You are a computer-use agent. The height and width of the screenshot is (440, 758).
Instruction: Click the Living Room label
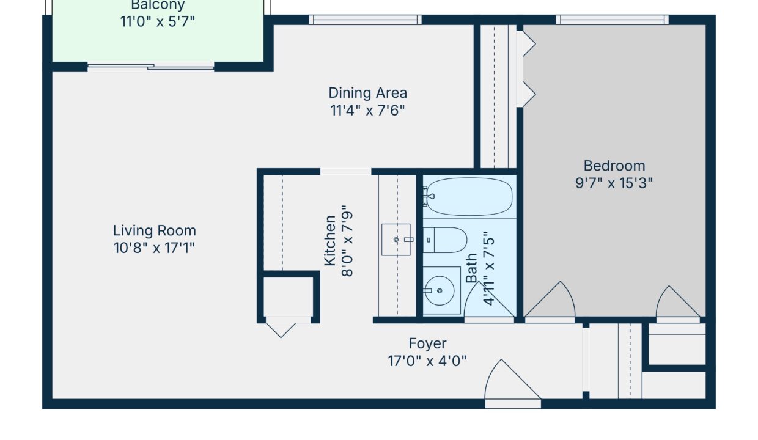click(x=154, y=231)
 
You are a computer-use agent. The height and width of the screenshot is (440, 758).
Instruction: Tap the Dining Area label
click(x=367, y=94)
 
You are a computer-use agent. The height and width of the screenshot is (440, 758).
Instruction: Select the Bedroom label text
click(x=614, y=166)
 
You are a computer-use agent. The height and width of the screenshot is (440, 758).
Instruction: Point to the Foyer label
click(x=427, y=343)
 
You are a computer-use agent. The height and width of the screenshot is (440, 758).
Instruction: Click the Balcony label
click(x=157, y=6)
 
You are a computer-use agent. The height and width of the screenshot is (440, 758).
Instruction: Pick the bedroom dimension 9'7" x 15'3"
click(x=614, y=183)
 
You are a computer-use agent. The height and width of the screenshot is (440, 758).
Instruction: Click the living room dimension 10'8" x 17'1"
click(x=154, y=248)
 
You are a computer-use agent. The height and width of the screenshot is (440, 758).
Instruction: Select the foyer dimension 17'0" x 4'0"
click(x=427, y=361)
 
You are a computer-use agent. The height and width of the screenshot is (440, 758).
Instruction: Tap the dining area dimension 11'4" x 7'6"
click(x=367, y=111)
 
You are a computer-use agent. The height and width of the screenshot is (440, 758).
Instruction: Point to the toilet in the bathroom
click(x=446, y=240)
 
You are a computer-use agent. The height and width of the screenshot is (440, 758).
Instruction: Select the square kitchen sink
click(x=396, y=240)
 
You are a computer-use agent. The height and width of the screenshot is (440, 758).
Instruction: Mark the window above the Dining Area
click(x=366, y=20)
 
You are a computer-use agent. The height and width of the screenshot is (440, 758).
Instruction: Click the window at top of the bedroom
click(x=612, y=20)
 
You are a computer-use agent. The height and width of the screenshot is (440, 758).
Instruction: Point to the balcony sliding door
click(x=150, y=67)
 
